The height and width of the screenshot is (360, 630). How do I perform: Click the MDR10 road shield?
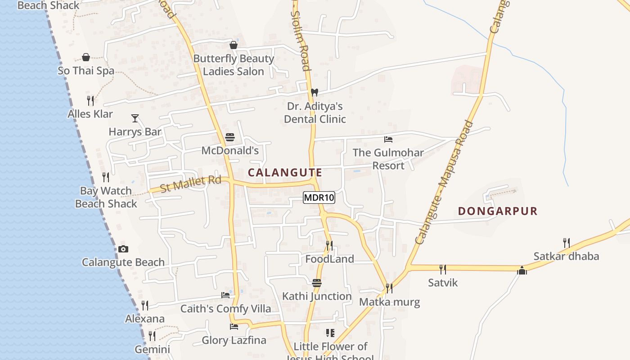tap(319, 198)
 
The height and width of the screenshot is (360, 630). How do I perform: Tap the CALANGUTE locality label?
tap(285, 172)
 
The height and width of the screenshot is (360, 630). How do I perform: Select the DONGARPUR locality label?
tap(498, 211)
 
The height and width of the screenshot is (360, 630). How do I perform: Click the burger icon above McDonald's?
tap(230, 137)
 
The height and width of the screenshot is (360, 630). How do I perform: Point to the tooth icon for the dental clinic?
tap(315, 92)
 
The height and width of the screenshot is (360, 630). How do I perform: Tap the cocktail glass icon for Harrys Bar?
tap(135, 118)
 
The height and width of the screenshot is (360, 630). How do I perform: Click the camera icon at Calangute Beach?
tap(123, 249)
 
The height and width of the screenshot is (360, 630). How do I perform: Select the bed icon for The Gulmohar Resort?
tap(388, 139)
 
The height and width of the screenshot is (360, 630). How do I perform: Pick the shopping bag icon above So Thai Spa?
tap(86, 57)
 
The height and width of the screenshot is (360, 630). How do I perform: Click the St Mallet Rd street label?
tap(191, 184)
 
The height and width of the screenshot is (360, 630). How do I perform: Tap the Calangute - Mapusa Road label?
tap(444, 182)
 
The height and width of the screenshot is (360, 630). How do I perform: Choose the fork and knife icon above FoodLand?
tap(329, 245)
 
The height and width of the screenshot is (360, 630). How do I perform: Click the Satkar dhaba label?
tap(566, 256)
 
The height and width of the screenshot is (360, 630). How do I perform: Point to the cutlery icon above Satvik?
tap(443, 269)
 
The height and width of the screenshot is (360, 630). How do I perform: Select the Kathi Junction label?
tap(317, 296)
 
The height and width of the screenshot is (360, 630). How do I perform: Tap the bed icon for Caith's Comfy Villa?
tap(225, 295)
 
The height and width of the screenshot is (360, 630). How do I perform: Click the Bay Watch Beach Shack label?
tap(106, 197)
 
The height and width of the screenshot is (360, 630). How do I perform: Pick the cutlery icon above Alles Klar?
tap(90, 100)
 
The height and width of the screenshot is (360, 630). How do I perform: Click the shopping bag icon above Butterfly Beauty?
tap(234, 45)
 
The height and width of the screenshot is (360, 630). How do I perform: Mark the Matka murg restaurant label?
tap(389, 301)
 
